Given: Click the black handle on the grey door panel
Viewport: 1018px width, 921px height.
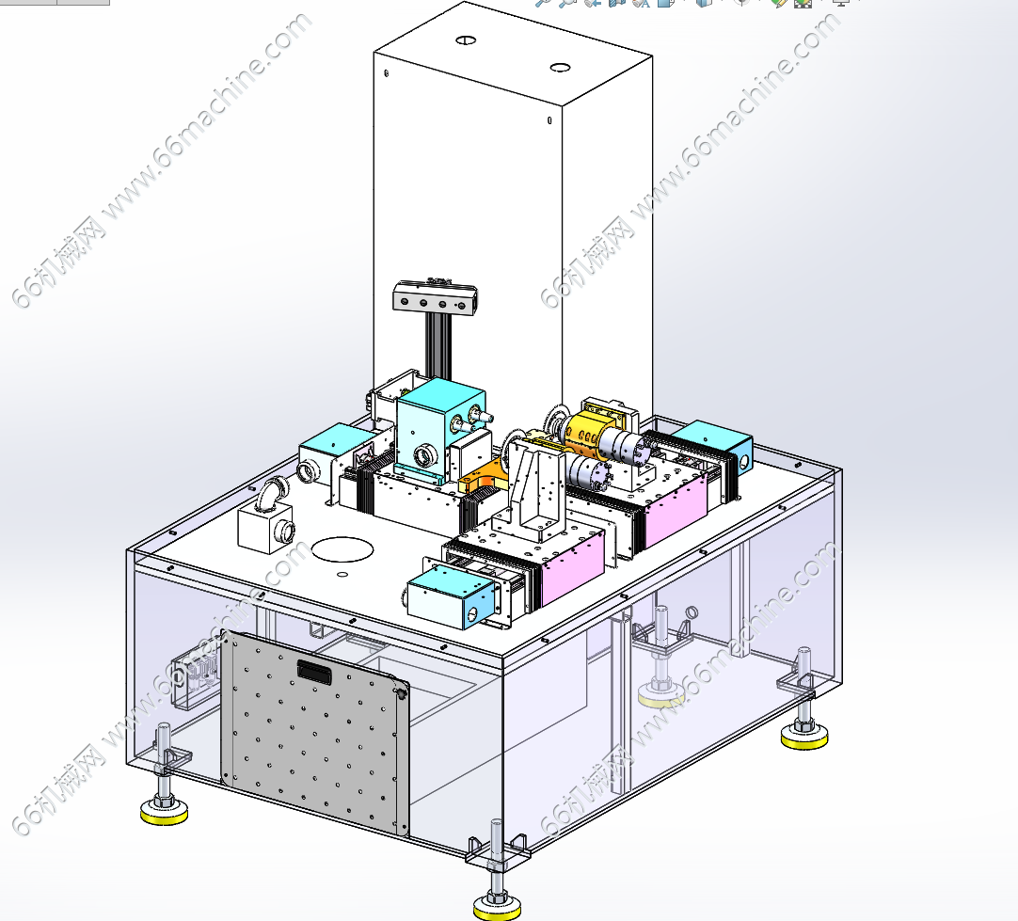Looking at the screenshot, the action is pyautogui.click(x=314, y=671).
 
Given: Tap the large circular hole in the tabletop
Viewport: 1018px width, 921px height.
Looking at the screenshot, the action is pyautogui.click(x=342, y=549).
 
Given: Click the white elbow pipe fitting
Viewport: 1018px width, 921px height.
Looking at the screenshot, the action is pyautogui.click(x=273, y=493).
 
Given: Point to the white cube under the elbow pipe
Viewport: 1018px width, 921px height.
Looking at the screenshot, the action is pyautogui.click(x=265, y=529).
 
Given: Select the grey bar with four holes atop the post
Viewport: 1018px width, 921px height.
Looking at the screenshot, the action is pyautogui.click(x=435, y=298).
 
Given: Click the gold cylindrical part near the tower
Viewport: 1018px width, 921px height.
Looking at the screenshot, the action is pyautogui.click(x=586, y=432).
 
